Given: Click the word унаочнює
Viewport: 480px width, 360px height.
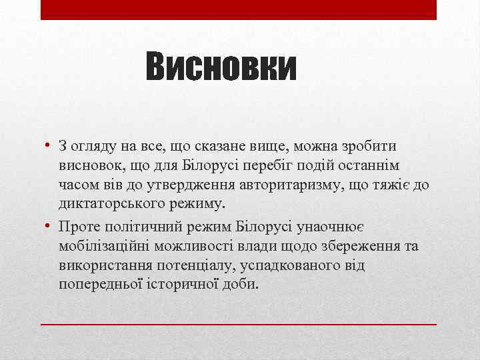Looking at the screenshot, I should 333,227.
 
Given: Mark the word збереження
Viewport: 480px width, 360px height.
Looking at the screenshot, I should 357,246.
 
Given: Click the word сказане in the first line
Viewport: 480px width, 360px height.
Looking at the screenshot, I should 205,146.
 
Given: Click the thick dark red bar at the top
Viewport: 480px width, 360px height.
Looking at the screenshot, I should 239,9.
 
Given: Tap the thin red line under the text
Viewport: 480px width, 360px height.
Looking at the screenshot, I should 239,323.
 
